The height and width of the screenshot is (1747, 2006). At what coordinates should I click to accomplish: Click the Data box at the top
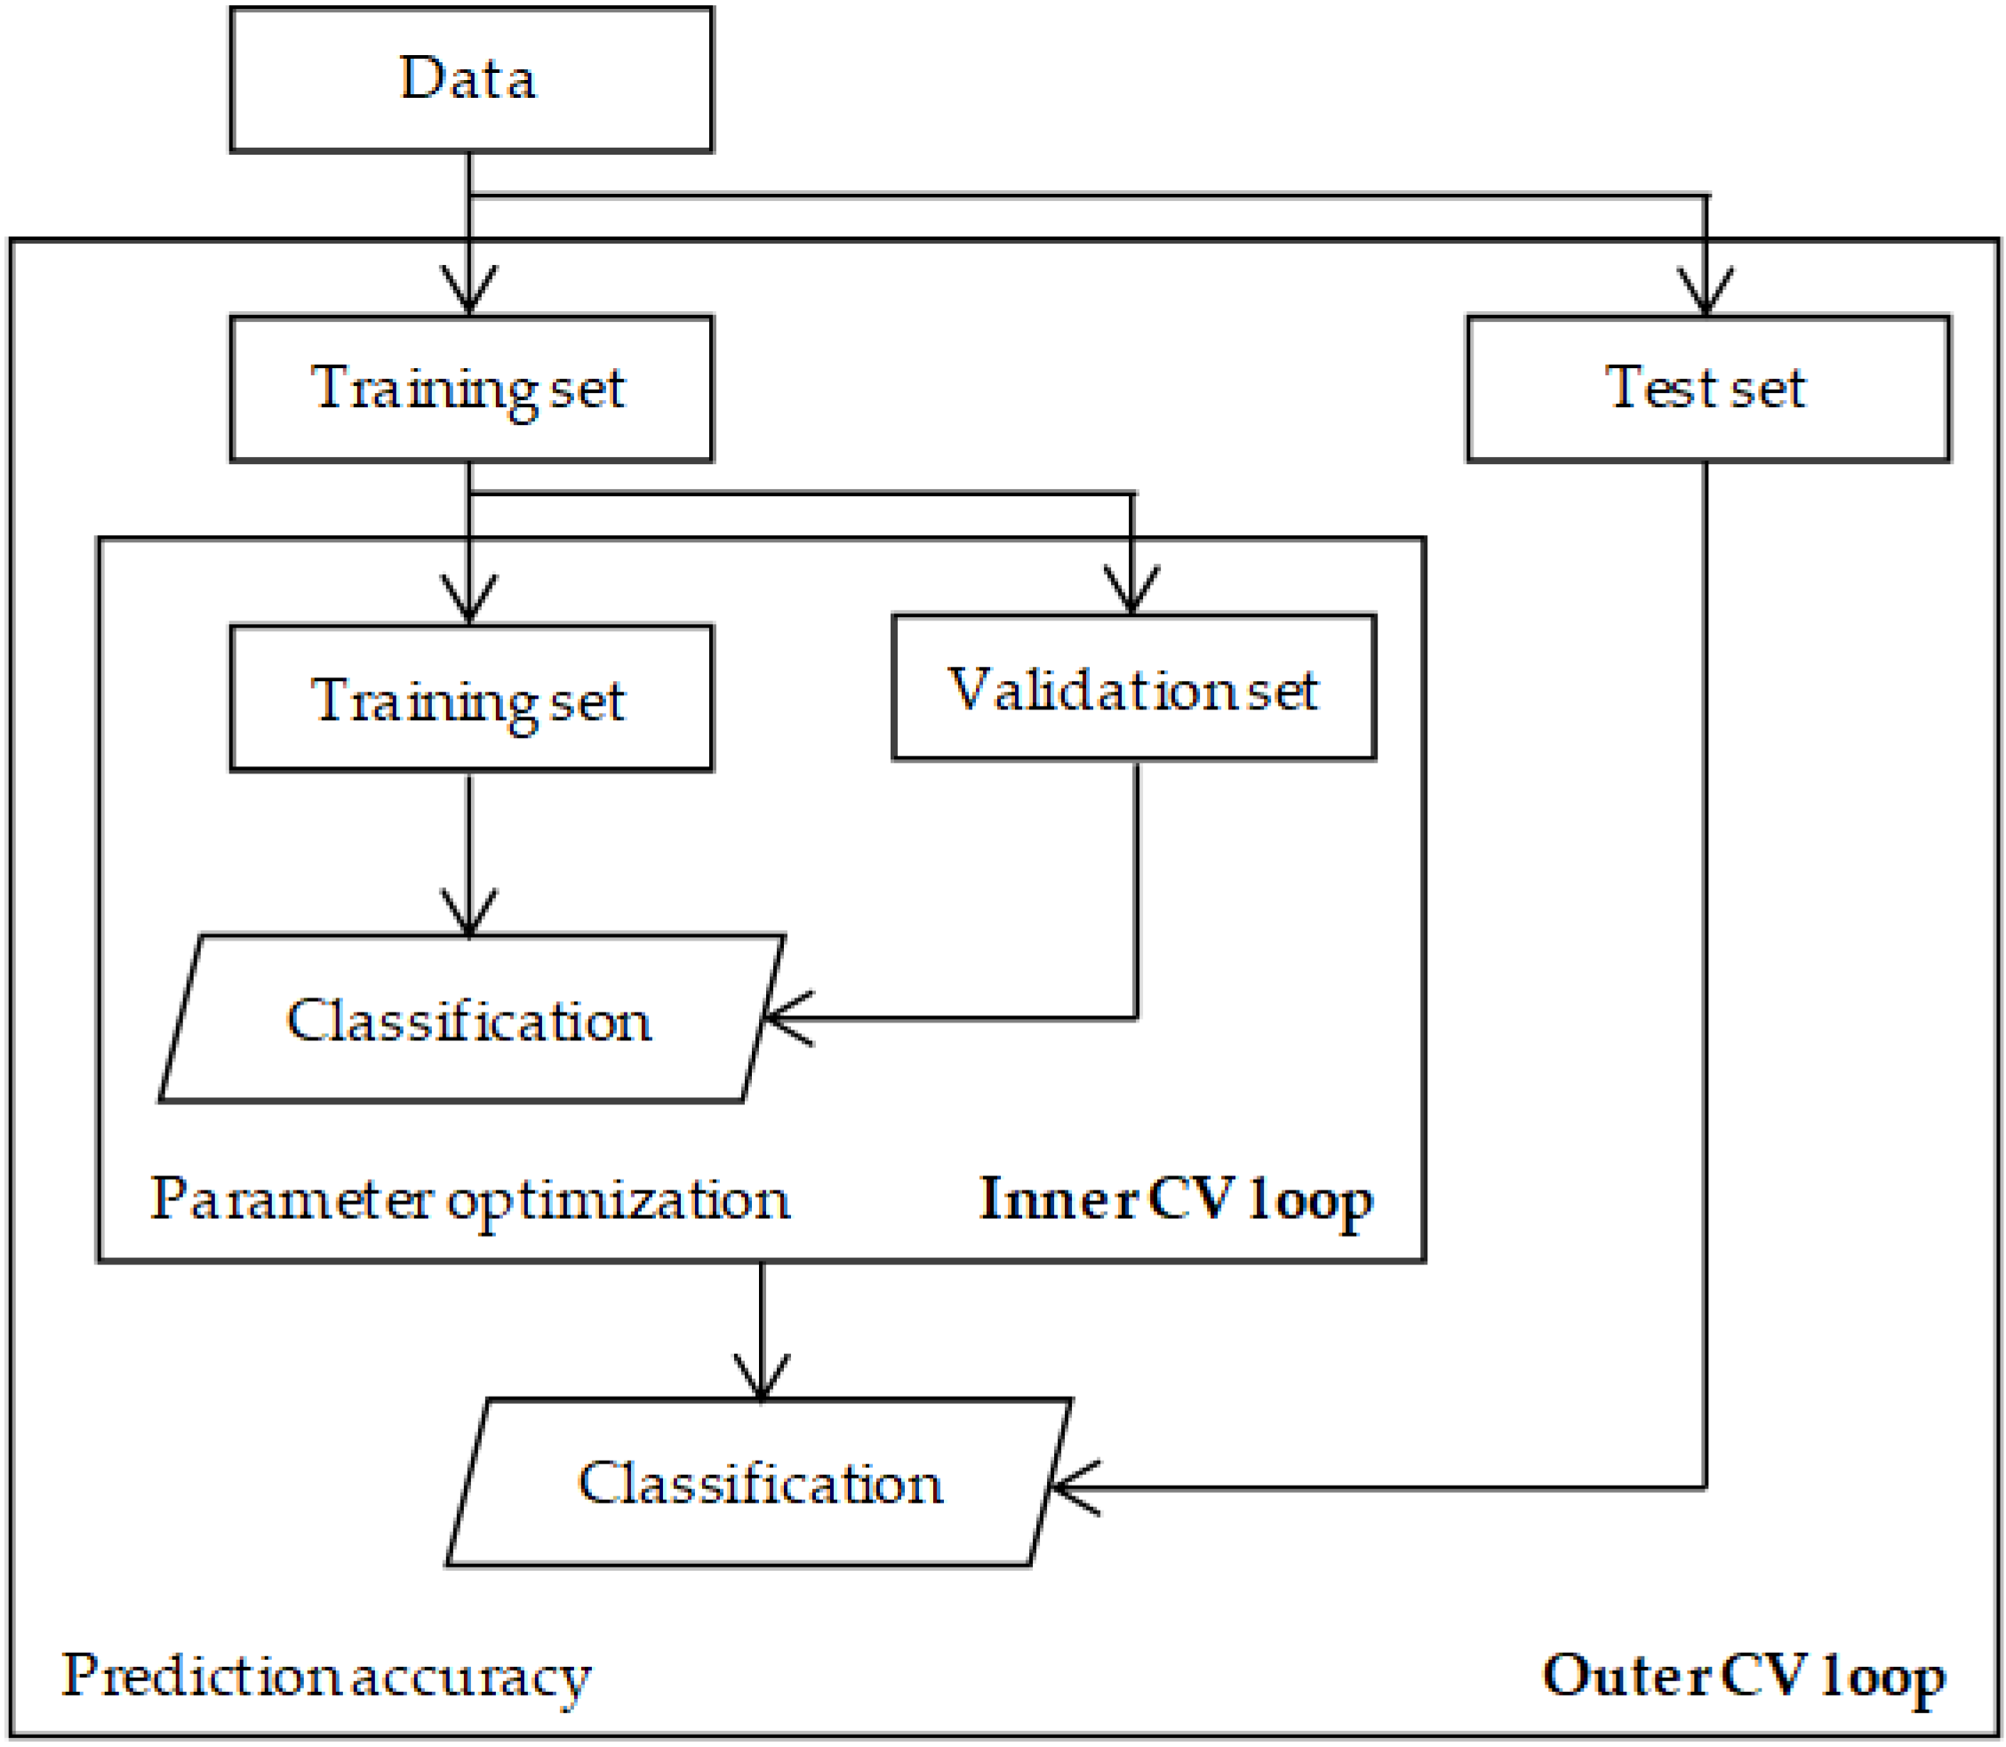pyautogui.click(x=471, y=79)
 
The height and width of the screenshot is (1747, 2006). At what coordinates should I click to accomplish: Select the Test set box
pyautogui.click(x=1706, y=388)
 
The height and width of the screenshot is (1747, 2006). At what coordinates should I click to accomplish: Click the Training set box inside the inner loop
pyautogui.click(x=471, y=699)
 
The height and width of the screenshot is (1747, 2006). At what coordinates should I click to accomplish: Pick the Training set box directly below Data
pyautogui.click(x=471, y=388)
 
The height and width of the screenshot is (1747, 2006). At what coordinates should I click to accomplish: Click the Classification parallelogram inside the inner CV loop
pyautogui.click(x=471, y=1020)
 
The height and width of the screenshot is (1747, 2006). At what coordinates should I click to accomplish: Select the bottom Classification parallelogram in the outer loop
pyautogui.click(x=759, y=1483)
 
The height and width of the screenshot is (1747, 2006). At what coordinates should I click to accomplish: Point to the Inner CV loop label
pyautogui.click(x=1176, y=1199)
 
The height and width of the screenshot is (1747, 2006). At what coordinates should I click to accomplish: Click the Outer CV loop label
pyautogui.click(x=1743, y=1676)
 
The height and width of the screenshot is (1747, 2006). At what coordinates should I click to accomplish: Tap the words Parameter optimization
pyautogui.click(x=469, y=1199)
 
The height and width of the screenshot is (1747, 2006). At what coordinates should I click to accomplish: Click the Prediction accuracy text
pyautogui.click(x=325, y=1676)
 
